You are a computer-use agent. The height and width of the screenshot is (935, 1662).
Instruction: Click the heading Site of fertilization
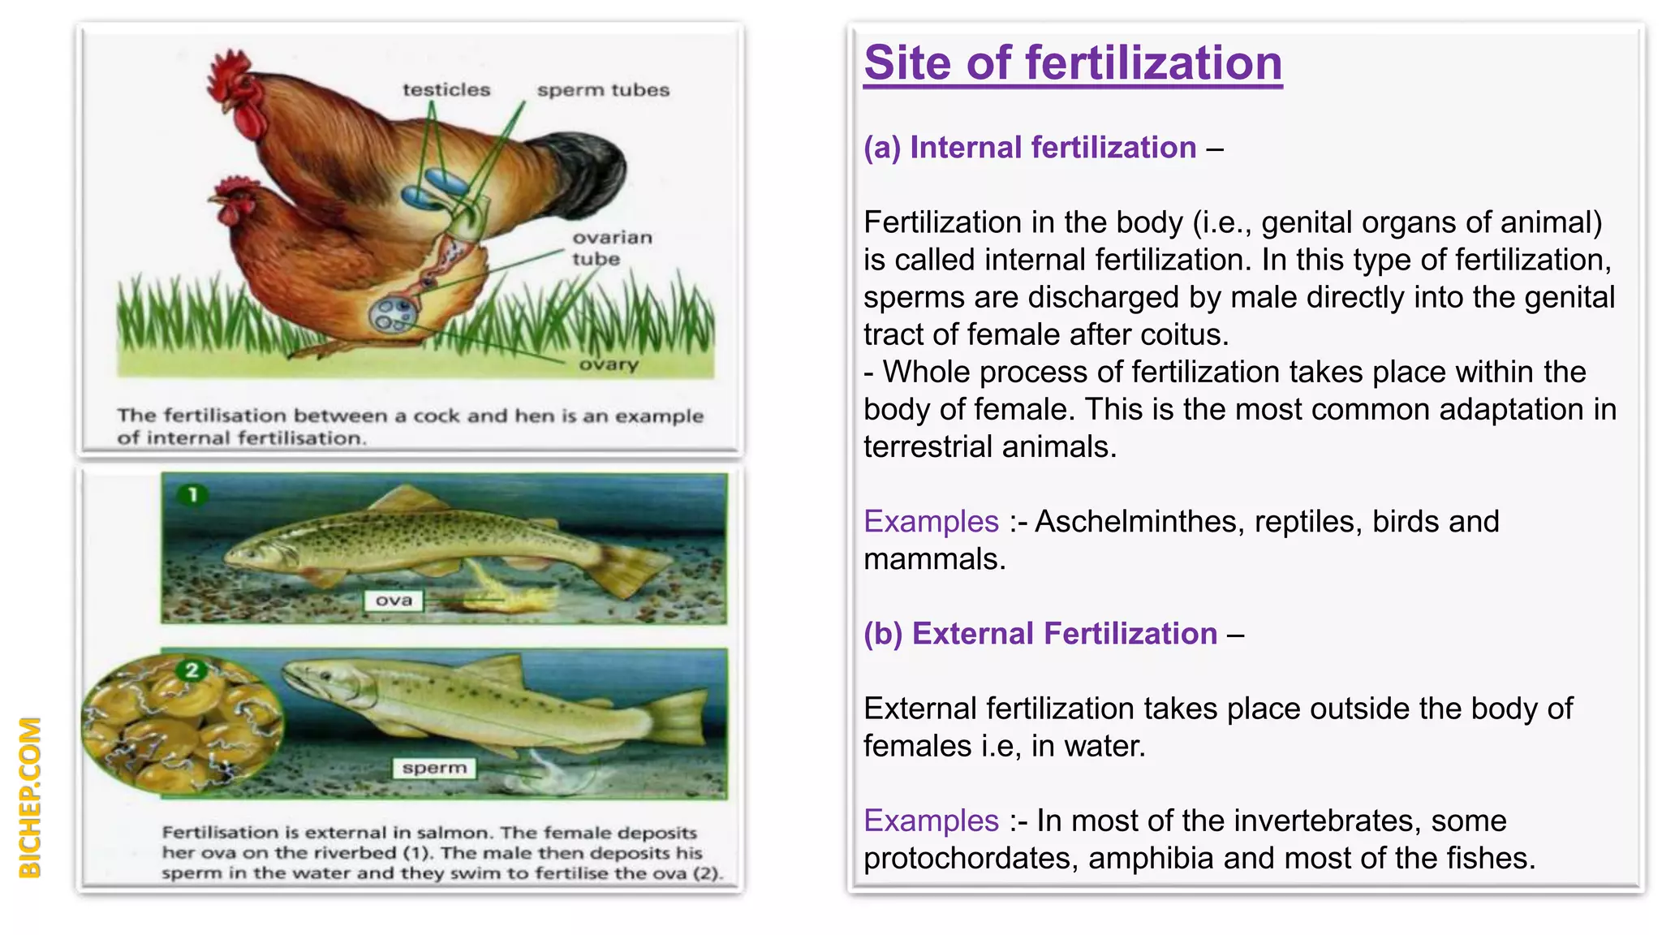[1072, 63]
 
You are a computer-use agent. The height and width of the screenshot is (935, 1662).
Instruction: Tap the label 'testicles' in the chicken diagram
[446, 90]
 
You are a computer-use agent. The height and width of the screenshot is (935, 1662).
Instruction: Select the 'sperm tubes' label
[603, 90]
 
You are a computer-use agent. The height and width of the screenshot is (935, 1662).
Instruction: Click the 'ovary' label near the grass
[609, 364]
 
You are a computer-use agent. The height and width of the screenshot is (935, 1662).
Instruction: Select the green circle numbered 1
[193, 494]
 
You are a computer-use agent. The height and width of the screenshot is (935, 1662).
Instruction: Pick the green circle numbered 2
[192, 670]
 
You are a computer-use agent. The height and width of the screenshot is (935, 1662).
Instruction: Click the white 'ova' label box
[394, 601]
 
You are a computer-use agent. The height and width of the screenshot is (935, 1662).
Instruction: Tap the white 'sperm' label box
[434, 768]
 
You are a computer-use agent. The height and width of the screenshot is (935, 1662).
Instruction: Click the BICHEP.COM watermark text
[30, 797]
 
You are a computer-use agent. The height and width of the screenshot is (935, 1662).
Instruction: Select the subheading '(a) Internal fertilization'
[1029, 148]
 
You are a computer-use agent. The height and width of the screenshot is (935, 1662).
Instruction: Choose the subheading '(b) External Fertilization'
[1040, 634]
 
